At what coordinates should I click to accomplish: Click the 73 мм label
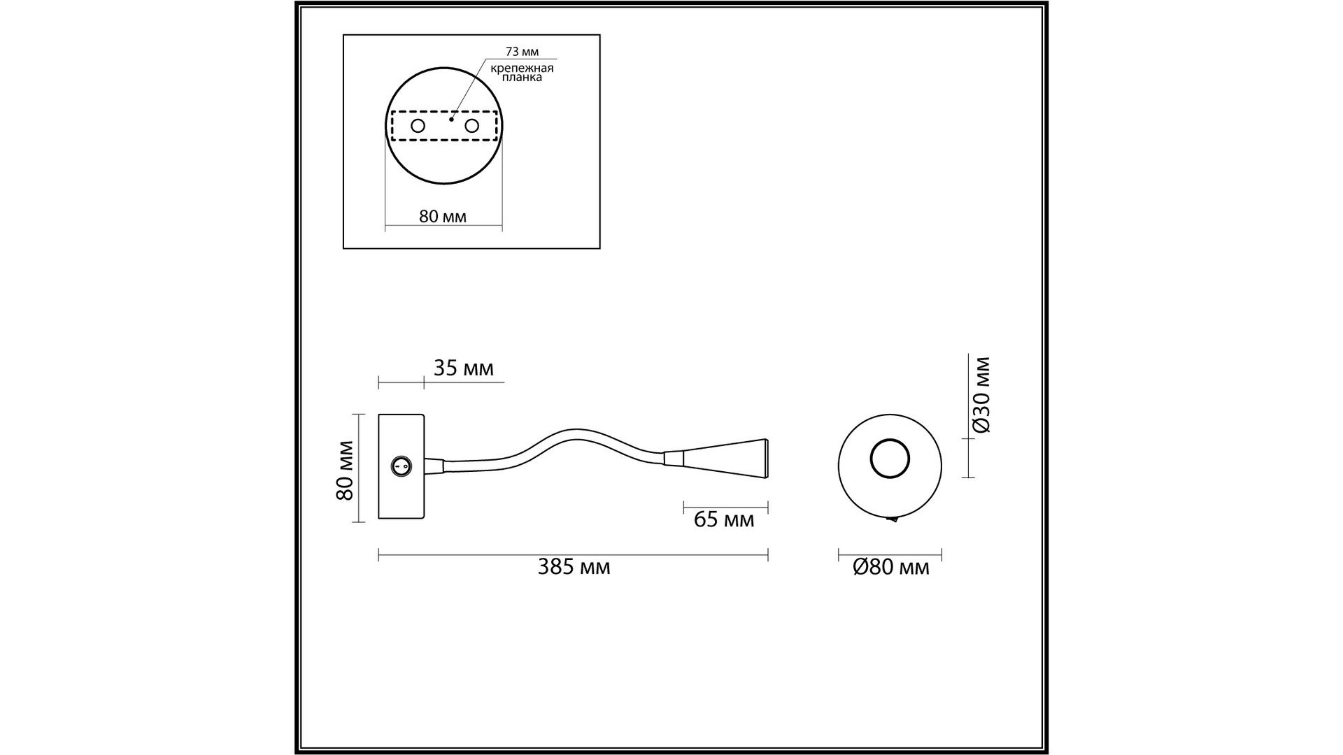tap(522, 52)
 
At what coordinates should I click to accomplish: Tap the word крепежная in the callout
tap(522, 68)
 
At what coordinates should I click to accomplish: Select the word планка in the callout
tap(522, 78)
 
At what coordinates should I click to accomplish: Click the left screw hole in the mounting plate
tap(418, 126)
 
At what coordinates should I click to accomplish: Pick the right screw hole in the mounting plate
tap(472, 126)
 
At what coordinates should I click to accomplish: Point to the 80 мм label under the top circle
tap(443, 216)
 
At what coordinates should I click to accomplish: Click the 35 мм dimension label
tap(463, 368)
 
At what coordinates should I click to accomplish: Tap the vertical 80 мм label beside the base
tap(344, 470)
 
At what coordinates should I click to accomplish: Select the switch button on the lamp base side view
tap(401, 465)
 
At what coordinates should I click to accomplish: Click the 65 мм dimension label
tap(724, 519)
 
